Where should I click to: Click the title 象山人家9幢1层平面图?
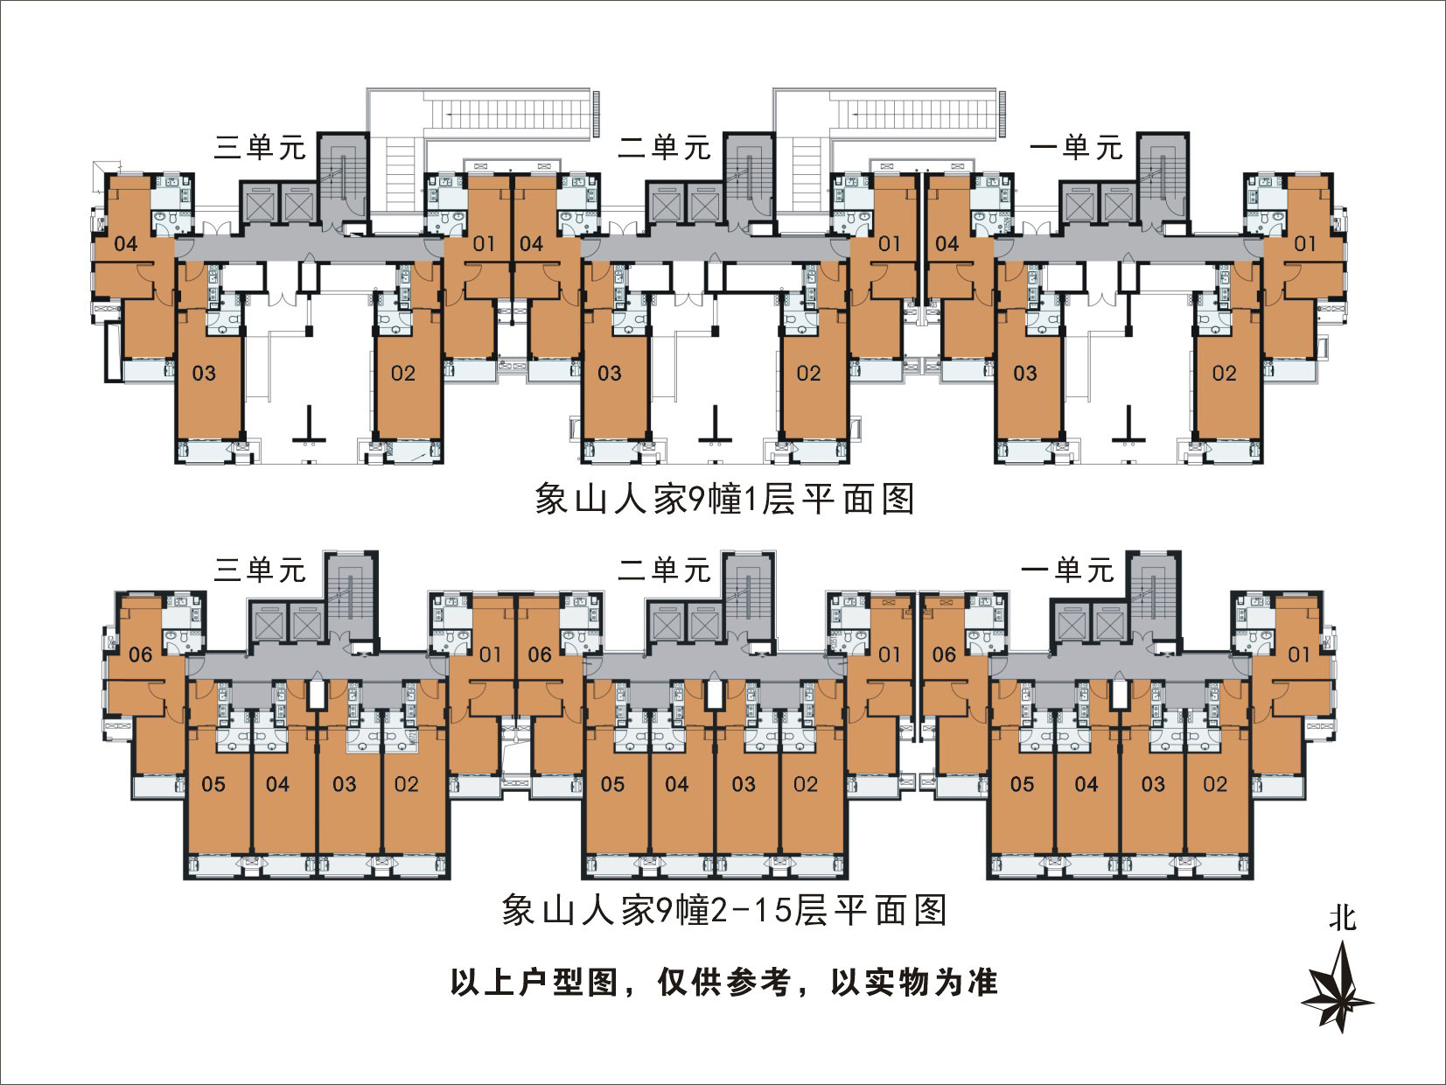[724, 499]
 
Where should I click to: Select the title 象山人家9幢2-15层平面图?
[724, 910]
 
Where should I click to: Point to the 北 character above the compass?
[1342, 919]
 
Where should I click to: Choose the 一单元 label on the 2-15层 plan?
[1067, 570]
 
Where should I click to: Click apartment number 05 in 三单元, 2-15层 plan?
[213, 784]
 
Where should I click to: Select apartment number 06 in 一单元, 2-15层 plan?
[944, 654]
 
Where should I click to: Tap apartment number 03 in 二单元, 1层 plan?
[610, 374]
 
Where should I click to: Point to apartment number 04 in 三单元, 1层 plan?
[126, 244]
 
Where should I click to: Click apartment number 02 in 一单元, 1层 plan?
[1224, 374]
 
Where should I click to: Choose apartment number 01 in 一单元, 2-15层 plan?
[1299, 654]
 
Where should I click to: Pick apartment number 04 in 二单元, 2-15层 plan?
[676, 784]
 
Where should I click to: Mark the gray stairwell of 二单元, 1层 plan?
[749, 177]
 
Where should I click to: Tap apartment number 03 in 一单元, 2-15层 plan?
[1153, 784]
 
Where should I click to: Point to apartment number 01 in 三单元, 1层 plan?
[484, 244]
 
